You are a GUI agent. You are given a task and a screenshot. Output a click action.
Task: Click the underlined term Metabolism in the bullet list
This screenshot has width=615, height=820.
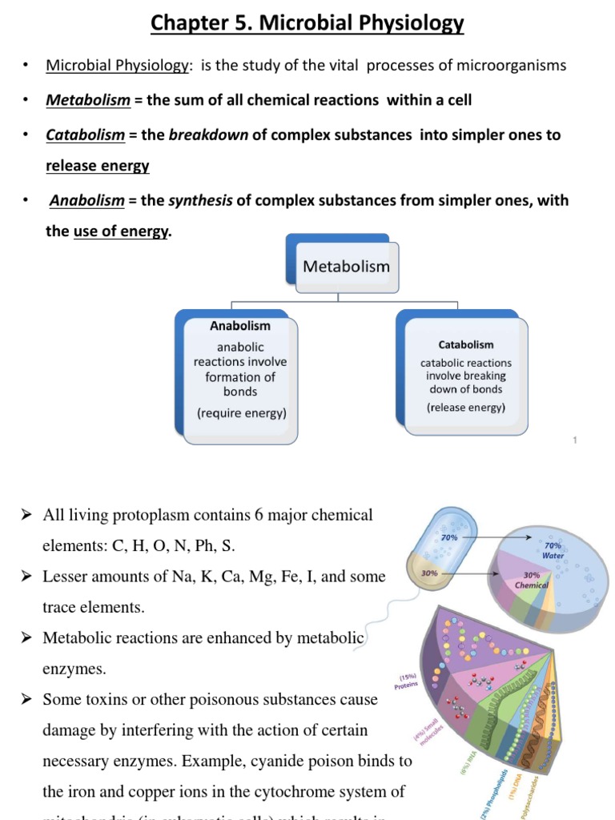click(88, 100)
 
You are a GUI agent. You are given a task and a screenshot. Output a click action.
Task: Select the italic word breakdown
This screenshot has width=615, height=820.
click(208, 135)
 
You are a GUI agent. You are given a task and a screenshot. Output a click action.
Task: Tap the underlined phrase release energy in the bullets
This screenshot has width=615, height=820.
click(98, 166)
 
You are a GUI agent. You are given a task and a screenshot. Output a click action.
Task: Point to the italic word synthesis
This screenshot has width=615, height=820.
click(200, 200)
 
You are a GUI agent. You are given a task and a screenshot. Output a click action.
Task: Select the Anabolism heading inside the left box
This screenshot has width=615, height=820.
click(240, 326)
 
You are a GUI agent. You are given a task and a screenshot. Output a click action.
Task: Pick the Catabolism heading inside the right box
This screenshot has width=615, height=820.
click(466, 344)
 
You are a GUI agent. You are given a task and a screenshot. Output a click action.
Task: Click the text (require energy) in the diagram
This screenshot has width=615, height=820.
click(241, 413)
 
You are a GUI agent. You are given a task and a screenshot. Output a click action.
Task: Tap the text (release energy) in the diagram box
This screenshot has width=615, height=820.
click(466, 407)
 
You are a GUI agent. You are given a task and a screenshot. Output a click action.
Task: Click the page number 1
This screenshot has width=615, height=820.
click(575, 440)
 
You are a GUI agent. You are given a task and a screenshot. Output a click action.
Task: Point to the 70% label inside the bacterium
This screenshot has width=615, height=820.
click(449, 537)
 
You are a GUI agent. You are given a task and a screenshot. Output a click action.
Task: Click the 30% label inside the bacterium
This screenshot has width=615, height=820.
click(429, 573)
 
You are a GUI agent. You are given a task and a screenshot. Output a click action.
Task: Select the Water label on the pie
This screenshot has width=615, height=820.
click(553, 555)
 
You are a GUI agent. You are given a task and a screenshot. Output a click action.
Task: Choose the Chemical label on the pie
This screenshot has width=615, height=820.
click(531, 585)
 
